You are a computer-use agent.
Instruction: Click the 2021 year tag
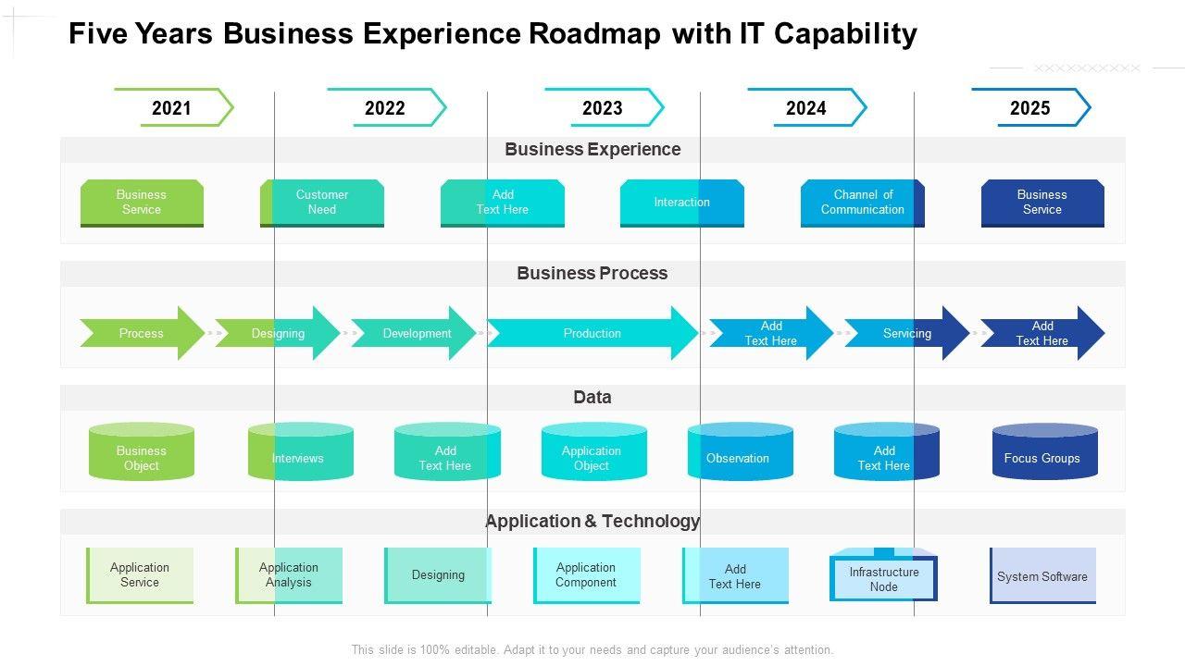click(x=172, y=108)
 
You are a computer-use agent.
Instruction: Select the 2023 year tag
click(x=603, y=108)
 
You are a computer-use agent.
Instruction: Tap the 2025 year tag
click(x=1029, y=108)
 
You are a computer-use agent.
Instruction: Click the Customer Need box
click(x=322, y=203)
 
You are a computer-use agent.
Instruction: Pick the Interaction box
click(x=682, y=203)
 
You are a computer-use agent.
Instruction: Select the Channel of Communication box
click(x=862, y=203)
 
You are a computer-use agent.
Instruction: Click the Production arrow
click(x=592, y=333)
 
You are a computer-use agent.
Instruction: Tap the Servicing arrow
click(x=906, y=333)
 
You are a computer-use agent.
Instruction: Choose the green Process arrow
click(x=142, y=333)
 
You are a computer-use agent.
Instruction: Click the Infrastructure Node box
click(x=884, y=578)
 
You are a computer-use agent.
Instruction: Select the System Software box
click(x=1042, y=576)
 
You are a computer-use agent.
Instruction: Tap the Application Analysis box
click(x=289, y=575)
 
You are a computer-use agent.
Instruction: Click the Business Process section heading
click(x=592, y=274)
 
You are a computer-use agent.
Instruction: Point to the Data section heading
click(x=592, y=398)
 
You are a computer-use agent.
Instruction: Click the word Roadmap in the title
click(x=594, y=34)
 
